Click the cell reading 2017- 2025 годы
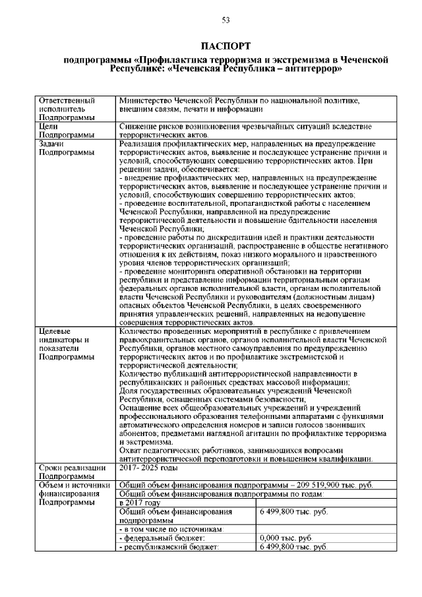pos(148,468)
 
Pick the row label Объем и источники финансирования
pos(73,494)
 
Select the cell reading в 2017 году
pos(141,503)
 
